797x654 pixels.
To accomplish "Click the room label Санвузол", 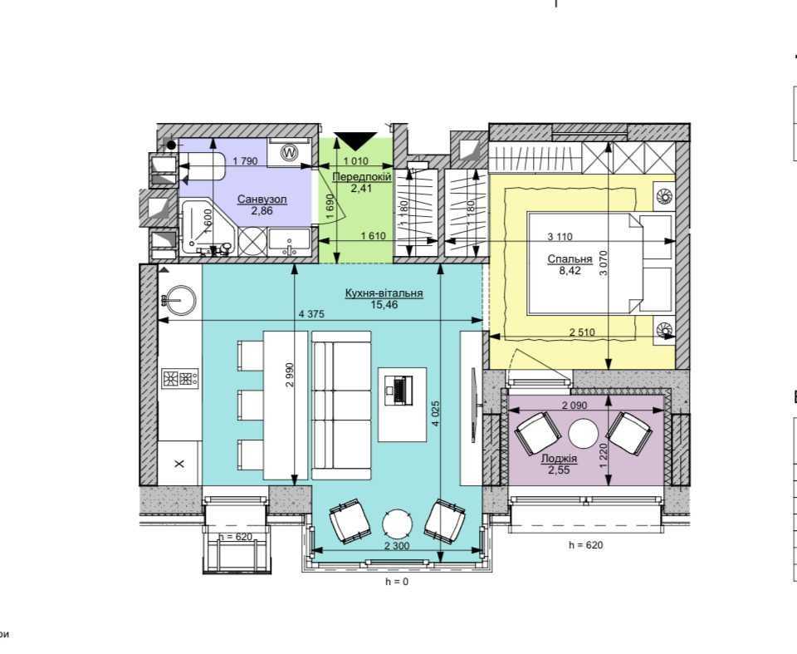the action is coord(262,199).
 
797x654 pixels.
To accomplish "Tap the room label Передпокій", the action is coord(362,177).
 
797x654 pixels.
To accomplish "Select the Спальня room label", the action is coord(570,259).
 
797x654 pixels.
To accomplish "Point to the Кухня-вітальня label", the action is coord(384,293).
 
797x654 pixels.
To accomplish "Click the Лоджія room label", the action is coord(559,459).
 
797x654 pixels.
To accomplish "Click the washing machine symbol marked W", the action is coord(289,152).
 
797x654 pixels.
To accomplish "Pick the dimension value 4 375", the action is coord(311,314).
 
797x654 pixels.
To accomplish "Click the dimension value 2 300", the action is coord(397,546).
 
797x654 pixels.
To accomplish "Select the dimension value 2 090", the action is coord(575,406).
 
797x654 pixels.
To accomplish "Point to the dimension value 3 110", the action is coord(560,237).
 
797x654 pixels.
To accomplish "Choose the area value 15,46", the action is coord(384,305).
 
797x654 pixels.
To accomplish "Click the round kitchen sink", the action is coord(179,300).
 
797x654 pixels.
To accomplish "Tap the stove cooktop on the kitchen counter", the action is coord(180,378).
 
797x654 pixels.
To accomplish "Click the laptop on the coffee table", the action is coord(398,390).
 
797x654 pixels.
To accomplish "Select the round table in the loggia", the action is coord(583,434).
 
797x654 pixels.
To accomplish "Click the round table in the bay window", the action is coord(398,524).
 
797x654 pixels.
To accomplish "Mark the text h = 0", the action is coord(397,582).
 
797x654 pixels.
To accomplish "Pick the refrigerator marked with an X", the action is coord(178,463).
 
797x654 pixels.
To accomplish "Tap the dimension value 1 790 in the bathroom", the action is coord(246,161).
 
